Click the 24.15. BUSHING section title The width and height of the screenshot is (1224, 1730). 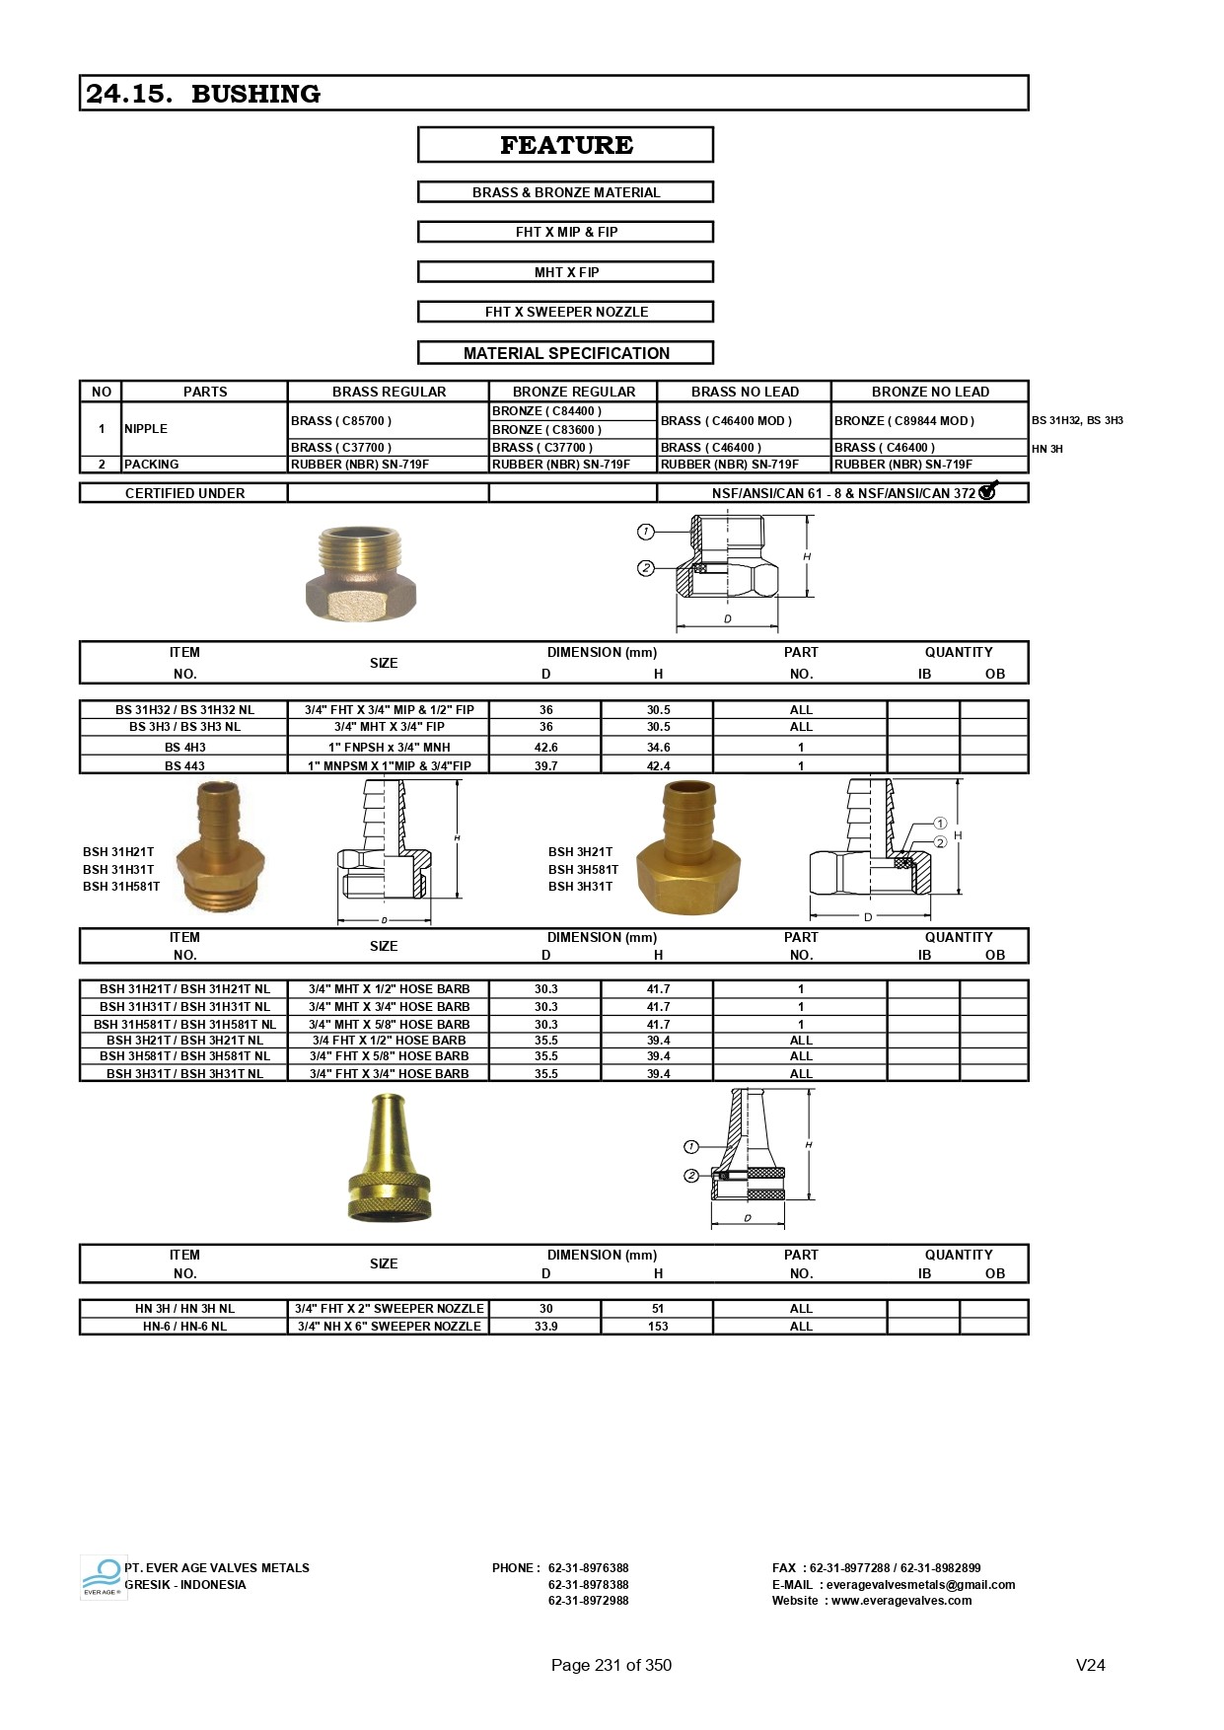click(x=203, y=94)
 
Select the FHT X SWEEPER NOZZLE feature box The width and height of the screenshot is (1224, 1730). click(x=566, y=312)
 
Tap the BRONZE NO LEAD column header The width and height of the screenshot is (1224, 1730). click(x=929, y=392)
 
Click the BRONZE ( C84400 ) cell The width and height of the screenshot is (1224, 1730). click(x=546, y=411)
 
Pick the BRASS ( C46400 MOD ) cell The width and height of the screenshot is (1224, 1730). click(x=726, y=420)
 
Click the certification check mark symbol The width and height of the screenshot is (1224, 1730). click(x=988, y=490)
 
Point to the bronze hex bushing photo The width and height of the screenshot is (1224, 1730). click(x=361, y=573)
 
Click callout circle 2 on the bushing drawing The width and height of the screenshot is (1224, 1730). click(x=646, y=568)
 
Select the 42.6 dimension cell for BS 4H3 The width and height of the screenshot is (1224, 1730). click(x=545, y=748)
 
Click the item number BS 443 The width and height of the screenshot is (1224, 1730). click(x=184, y=765)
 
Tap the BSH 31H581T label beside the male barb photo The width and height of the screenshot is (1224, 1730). click(x=121, y=887)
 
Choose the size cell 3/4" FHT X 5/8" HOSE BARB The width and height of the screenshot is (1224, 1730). click(x=389, y=1056)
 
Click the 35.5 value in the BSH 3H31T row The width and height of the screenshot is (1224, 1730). click(x=545, y=1074)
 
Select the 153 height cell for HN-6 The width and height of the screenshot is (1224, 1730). click(x=658, y=1327)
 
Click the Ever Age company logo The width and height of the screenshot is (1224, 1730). click(x=102, y=1577)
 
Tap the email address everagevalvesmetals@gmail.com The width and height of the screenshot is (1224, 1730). click(x=920, y=1585)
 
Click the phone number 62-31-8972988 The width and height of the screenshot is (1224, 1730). click(x=588, y=1601)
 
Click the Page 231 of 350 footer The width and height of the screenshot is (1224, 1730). click(x=611, y=1665)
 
